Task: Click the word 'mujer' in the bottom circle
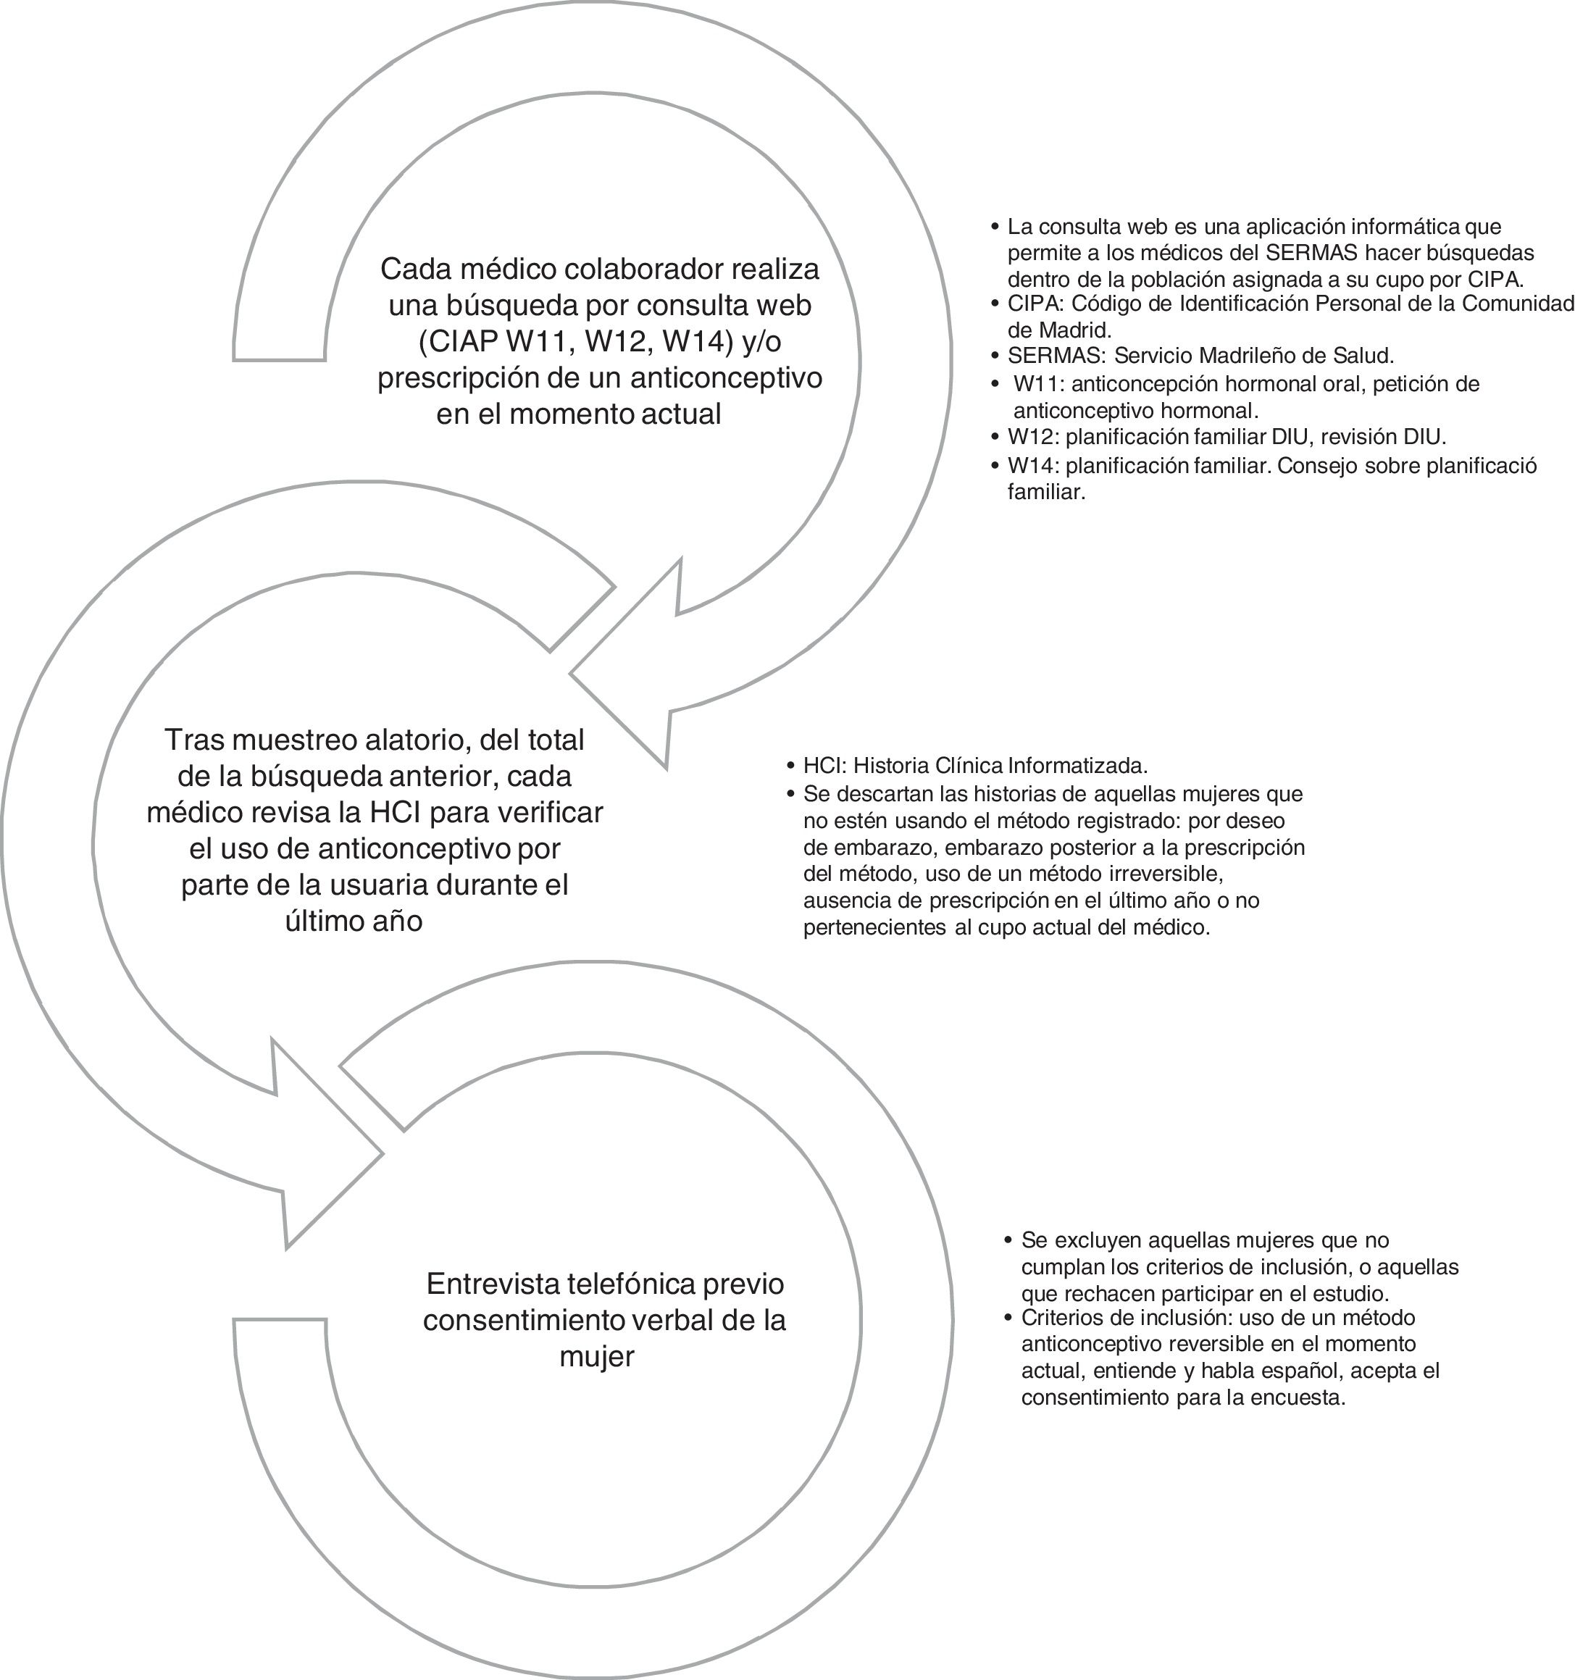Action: (596, 1356)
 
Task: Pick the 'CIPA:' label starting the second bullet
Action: (1036, 304)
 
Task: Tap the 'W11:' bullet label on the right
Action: (1038, 384)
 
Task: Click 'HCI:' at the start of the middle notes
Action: (824, 766)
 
